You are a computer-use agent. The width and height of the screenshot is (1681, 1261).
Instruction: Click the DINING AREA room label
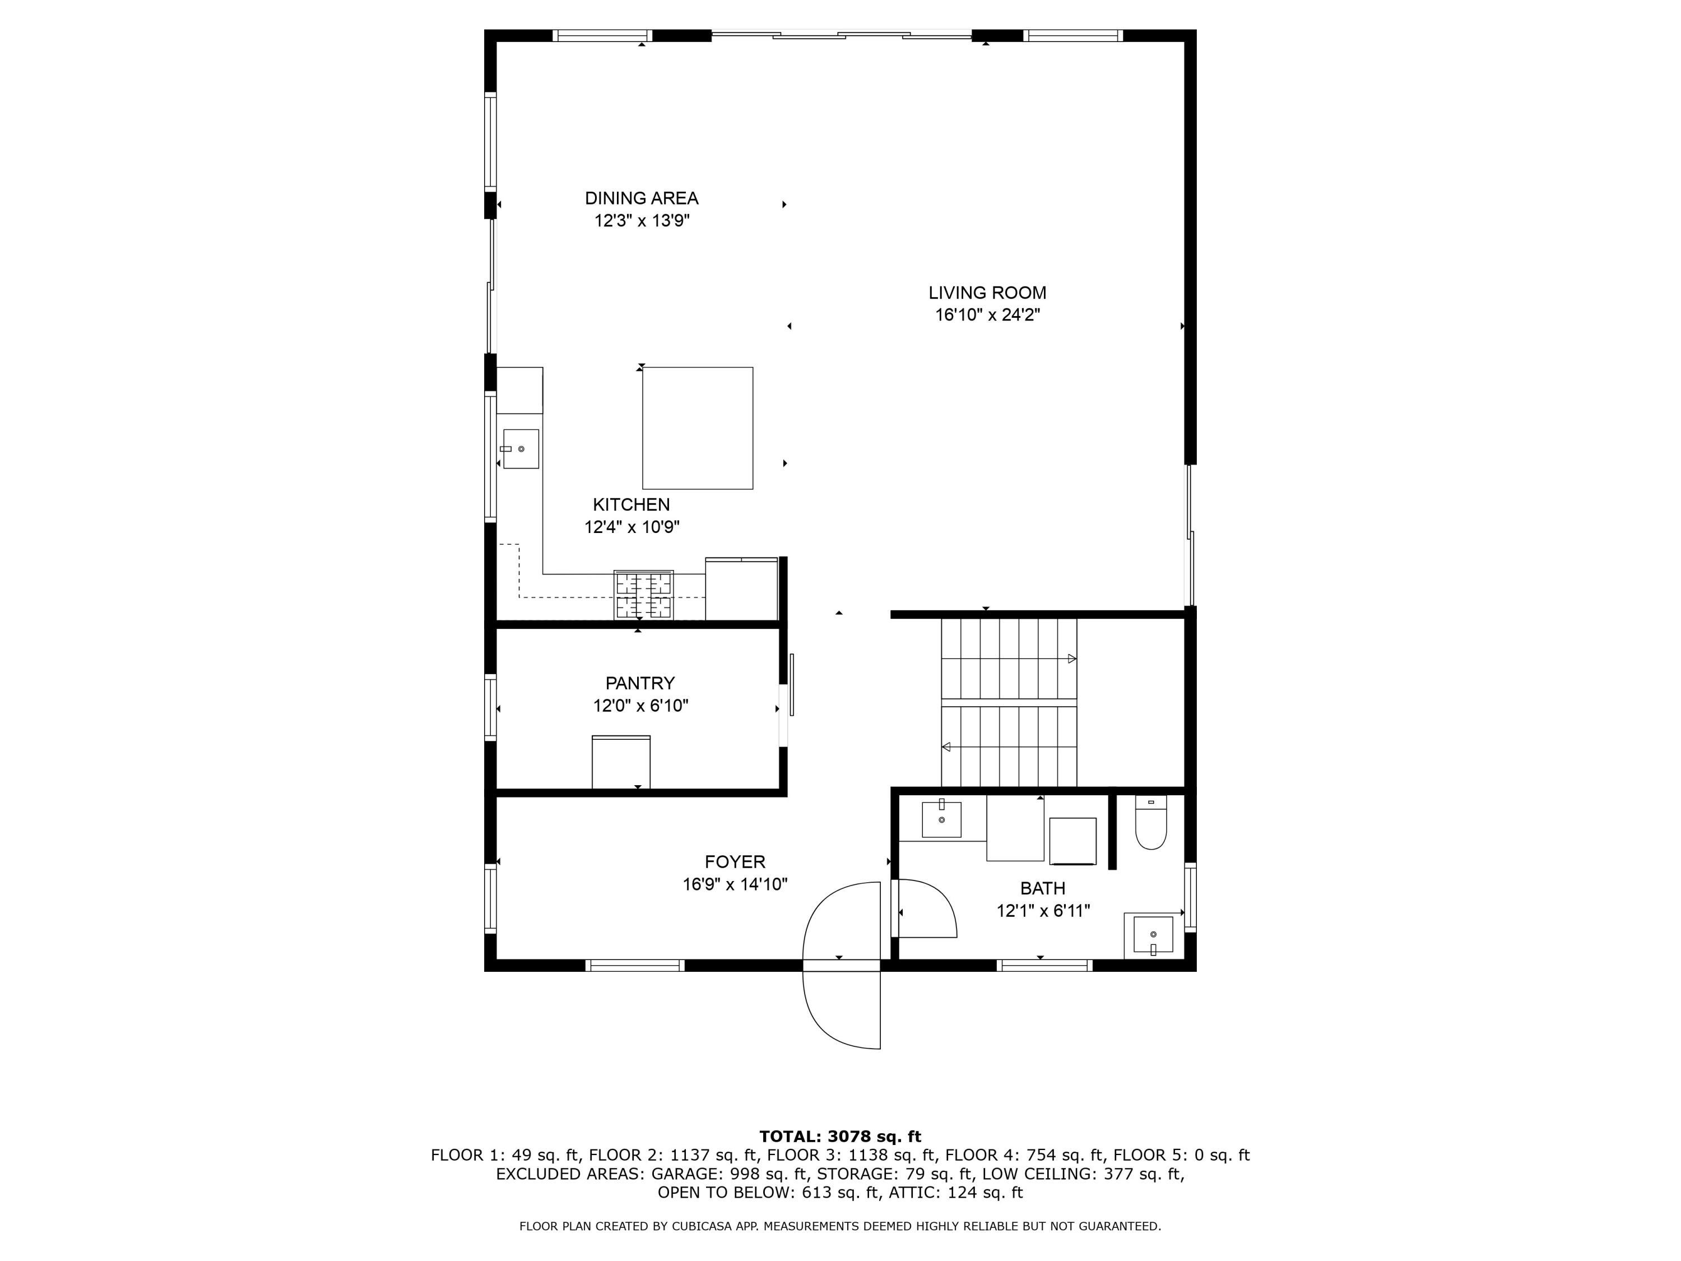pyautogui.click(x=642, y=198)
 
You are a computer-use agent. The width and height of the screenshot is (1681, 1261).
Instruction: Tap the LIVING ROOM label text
pyautogui.click(x=987, y=293)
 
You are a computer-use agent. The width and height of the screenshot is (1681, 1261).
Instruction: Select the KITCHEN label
pyautogui.click(x=631, y=505)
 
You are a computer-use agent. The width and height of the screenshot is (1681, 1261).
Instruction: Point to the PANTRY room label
pyautogui.click(x=640, y=683)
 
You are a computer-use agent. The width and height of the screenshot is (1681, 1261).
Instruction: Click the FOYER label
pyautogui.click(x=735, y=862)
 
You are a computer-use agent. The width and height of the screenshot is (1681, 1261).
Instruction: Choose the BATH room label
pyautogui.click(x=1043, y=888)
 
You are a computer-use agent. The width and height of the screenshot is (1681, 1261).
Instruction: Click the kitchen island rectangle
pyautogui.click(x=698, y=428)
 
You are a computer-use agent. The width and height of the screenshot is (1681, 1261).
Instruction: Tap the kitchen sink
pyautogui.click(x=520, y=448)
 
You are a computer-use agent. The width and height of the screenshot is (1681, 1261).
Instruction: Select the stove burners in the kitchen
pyautogui.click(x=644, y=595)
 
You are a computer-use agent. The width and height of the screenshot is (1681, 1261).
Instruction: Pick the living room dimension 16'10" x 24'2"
pyautogui.click(x=987, y=314)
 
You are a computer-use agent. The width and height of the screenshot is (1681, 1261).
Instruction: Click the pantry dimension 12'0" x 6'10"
pyautogui.click(x=640, y=706)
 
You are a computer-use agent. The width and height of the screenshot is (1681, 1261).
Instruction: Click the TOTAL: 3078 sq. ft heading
pyautogui.click(x=840, y=1137)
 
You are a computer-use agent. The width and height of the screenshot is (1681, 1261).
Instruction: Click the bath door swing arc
pyautogui.click(x=942, y=897)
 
